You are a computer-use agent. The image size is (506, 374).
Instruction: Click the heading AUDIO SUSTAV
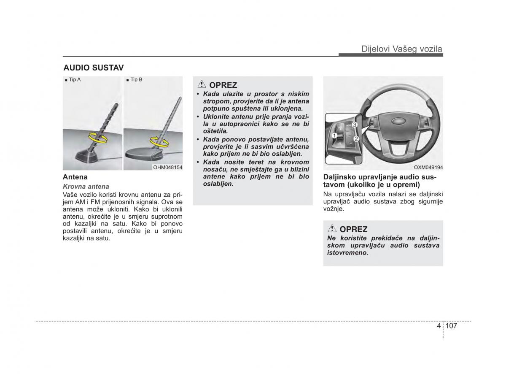point(93,68)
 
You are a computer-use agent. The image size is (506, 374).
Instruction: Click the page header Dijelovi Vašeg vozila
point(401,49)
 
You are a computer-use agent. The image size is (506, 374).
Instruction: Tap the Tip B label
point(136,79)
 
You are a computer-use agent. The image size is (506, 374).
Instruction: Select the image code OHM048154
point(167,168)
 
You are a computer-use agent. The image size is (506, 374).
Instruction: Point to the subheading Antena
point(75,177)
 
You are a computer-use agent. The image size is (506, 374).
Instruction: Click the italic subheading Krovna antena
point(86,186)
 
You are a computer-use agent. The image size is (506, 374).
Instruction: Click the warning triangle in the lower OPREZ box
point(332,229)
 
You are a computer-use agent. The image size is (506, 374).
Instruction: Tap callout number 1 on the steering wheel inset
point(334,136)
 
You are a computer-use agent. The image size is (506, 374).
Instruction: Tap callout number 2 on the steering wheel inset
point(356,138)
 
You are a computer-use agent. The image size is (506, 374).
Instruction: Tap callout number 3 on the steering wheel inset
point(355,125)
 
